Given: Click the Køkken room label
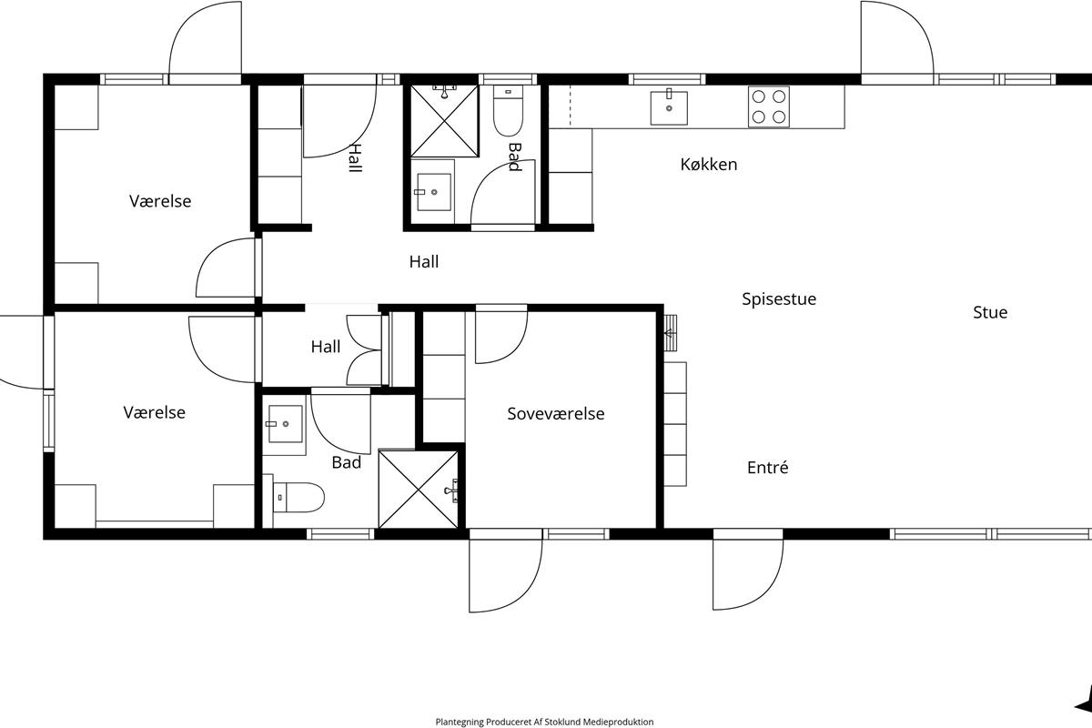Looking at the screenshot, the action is point(708,165).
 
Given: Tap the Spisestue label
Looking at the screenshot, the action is point(779,298).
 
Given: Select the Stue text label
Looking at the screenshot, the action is point(990,312).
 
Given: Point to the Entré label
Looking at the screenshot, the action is point(767,467).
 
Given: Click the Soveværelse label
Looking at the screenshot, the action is point(556,413).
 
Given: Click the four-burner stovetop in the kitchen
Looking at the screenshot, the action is point(768,106).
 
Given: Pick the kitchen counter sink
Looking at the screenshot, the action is point(669,107).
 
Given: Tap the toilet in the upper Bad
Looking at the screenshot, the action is point(508,111).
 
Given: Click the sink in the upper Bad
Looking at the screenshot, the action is point(433,192).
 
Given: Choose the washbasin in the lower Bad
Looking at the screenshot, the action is point(284,424).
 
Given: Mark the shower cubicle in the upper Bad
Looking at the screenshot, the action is point(444,121).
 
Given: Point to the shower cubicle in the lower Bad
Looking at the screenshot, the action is point(419,490).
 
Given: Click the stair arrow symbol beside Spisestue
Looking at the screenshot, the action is point(671,334).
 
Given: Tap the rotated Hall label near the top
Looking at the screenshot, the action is point(356,158).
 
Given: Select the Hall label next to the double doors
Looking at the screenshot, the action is point(326,347).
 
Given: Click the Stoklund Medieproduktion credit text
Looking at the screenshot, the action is point(544,722).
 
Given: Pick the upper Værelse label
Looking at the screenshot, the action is point(160,201).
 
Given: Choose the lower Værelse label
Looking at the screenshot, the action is point(154,412).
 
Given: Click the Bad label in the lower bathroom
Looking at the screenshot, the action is point(346,462).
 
